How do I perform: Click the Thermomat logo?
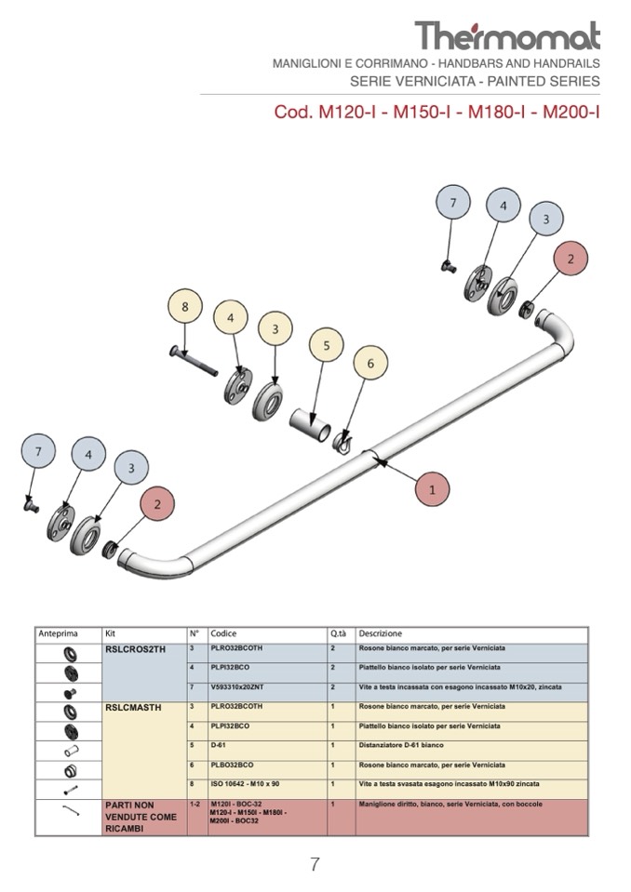coord(507,36)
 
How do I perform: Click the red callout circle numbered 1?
coord(432,487)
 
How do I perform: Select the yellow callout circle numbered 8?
coord(185,307)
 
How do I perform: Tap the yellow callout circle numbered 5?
coord(326,346)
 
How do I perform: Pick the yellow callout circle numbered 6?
coord(370,364)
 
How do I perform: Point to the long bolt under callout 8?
coord(195,361)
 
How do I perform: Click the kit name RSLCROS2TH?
coord(135,649)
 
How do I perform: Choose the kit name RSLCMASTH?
coord(133,708)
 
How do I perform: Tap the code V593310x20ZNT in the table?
coord(238,687)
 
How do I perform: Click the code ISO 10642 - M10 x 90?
coord(245,784)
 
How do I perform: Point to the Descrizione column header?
coord(381,633)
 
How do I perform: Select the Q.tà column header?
coord(337,633)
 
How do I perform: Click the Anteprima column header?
coord(58,633)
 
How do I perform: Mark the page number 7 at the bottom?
coord(315,864)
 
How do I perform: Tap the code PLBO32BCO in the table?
coord(232,765)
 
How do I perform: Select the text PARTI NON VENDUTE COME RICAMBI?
coord(141,816)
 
